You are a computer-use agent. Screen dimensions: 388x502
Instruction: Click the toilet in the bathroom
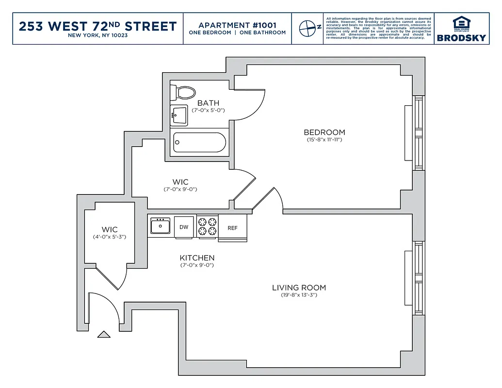[x=184, y=92]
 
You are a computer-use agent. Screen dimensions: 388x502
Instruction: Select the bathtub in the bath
[x=199, y=142]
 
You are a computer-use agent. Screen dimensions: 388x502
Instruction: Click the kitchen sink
[x=160, y=226]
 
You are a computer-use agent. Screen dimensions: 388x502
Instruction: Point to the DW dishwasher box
[x=184, y=226]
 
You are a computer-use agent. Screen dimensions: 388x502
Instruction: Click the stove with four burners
[x=208, y=226]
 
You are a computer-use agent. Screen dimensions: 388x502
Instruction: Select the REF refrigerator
[x=233, y=227]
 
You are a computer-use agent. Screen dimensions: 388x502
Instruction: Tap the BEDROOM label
[x=324, y=132]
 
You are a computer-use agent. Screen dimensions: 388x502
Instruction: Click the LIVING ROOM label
[x=299, y=288]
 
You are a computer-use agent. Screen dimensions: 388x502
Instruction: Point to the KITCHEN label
[x=197, y=258]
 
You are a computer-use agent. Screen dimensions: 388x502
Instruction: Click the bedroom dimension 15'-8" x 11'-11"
[x=324, y=140]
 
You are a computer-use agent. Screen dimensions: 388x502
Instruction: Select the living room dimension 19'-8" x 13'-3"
[x=299, y=295]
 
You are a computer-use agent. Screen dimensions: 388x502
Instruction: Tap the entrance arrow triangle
[x=104, y=334]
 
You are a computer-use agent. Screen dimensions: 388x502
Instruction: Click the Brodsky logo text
[x=461, y=38]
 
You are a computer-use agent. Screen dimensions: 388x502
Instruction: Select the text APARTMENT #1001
[x=237, y=25]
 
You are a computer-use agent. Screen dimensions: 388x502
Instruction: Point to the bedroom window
[x=418, y=132]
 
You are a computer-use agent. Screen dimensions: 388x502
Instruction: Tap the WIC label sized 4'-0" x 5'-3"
[x=109, y=229]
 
